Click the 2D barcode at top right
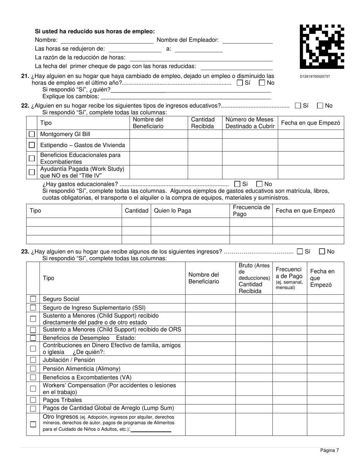click(x=322, y=47)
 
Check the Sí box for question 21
click(x=239, y=83)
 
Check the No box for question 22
click(x=320, y=106)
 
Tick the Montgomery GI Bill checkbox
click(x=32, y=134)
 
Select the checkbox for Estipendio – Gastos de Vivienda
click(x=32, y=145)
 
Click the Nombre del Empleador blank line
click(x=247, y=40)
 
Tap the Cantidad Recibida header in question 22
click(x=203, y=123)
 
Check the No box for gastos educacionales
click(x=260, y=184)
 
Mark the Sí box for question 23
click(x=300, y=251)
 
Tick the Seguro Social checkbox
click(x=33, y=299)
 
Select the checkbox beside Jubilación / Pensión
click(x=33, y=360)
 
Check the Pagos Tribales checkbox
click(x=33, y=400)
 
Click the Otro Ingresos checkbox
click(x=33, y=424)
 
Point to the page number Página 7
click(x=329, y=450)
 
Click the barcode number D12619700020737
click(x=315, y=77)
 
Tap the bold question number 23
click(x=25, y=252)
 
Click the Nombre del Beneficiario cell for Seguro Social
click(x=210, y=299)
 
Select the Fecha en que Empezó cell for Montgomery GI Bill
click(x=311, y=134)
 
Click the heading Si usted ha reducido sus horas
click(x=95, y=31)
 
